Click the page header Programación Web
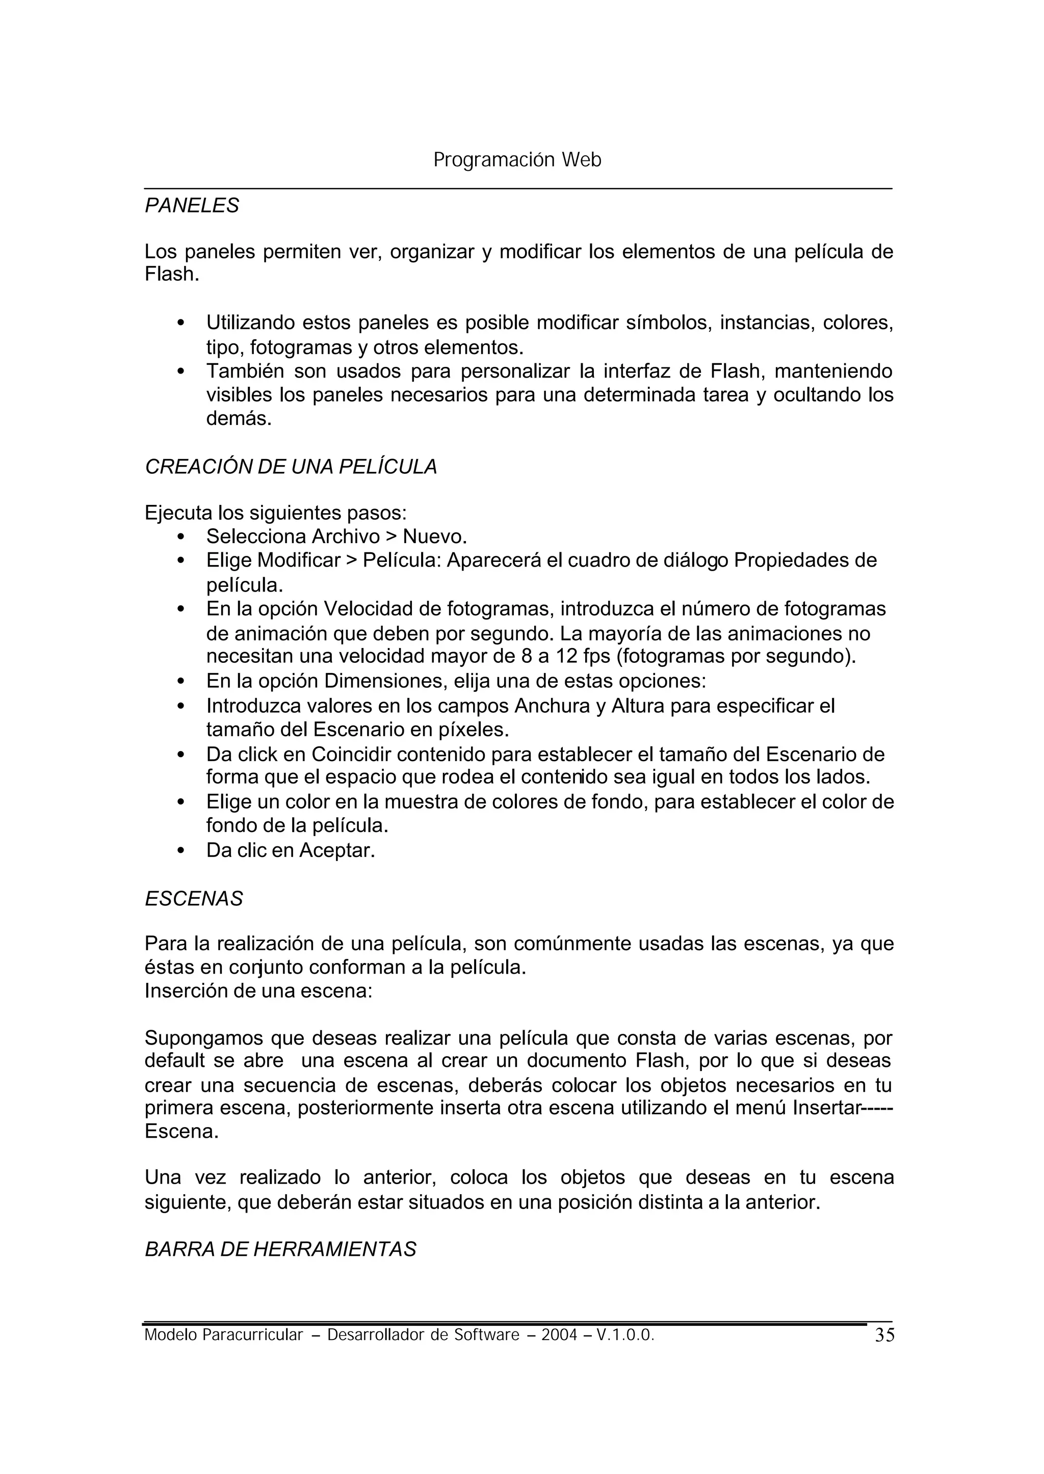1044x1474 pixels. pos(517,159)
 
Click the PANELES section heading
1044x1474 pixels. pos(192,206)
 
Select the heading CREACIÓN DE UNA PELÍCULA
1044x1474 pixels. pos(291,467)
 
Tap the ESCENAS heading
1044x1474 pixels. pos(194,898)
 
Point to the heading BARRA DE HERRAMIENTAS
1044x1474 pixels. pos(280,1249)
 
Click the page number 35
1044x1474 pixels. pos(884,1335)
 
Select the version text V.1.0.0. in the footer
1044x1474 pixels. pos(625,1335)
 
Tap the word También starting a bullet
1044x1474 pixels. pos(245,371)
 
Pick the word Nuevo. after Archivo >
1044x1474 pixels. pos(434,536)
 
